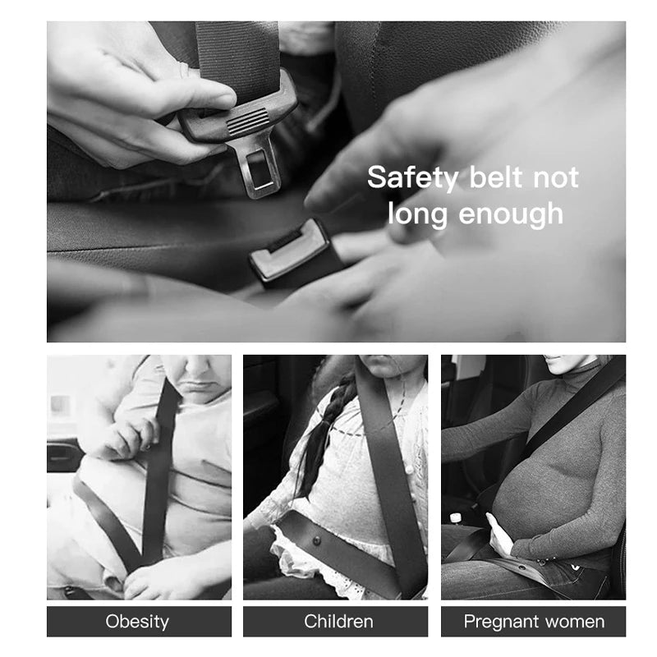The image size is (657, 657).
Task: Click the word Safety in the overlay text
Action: (414, 177)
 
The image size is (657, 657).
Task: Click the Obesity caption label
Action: (139, 621)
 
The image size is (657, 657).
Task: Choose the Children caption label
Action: (338, 621)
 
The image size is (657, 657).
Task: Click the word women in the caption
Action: (578, 621)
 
